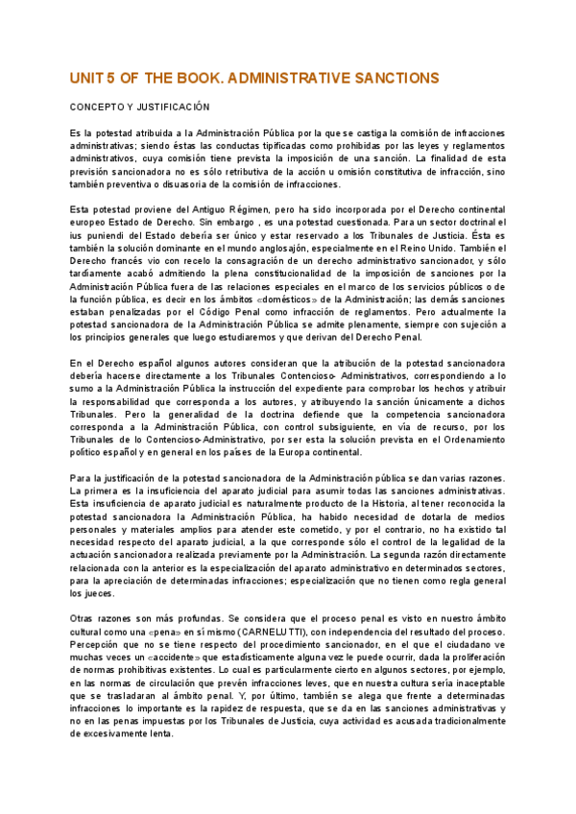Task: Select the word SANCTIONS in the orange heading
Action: point(396,77)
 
